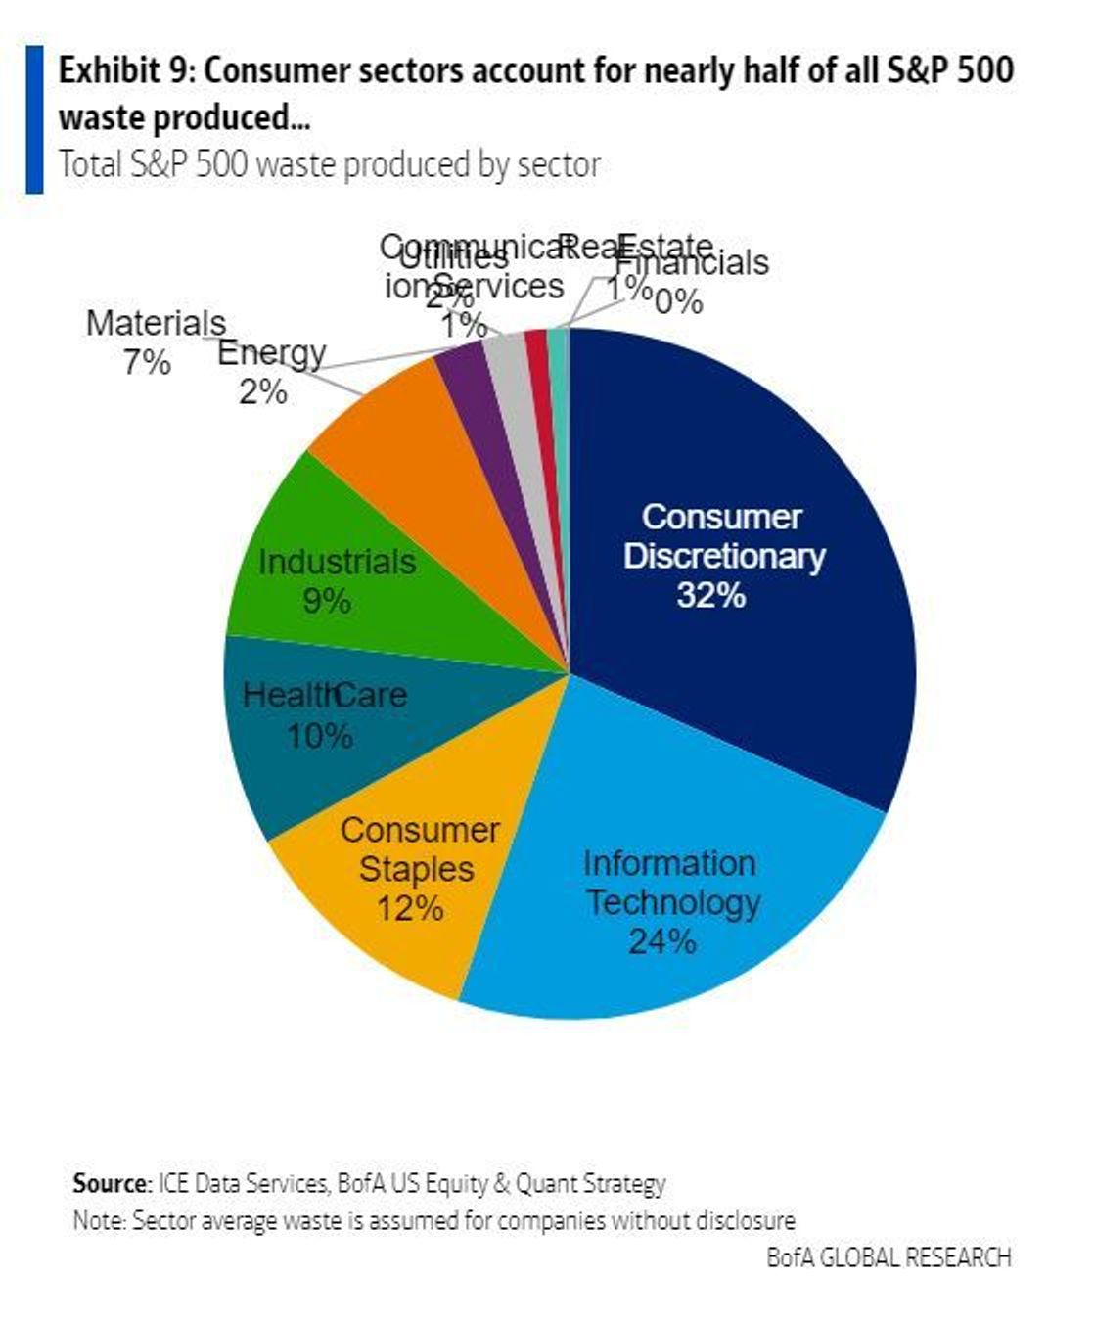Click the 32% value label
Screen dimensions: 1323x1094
pos(711,595)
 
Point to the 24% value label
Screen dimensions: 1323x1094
pos(661,941)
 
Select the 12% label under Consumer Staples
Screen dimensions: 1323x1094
pos(410,908)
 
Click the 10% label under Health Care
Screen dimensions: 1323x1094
pos(320,735)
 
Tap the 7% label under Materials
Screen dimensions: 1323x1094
pos(147,363)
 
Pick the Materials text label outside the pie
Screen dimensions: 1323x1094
pos(156,323)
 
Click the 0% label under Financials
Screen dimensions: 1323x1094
pos(678,301)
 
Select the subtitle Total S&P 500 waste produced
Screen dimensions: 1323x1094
pos(329,164)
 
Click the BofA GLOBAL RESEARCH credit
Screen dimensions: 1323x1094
pos(888,1256)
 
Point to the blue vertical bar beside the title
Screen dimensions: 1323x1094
pos(34,118)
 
